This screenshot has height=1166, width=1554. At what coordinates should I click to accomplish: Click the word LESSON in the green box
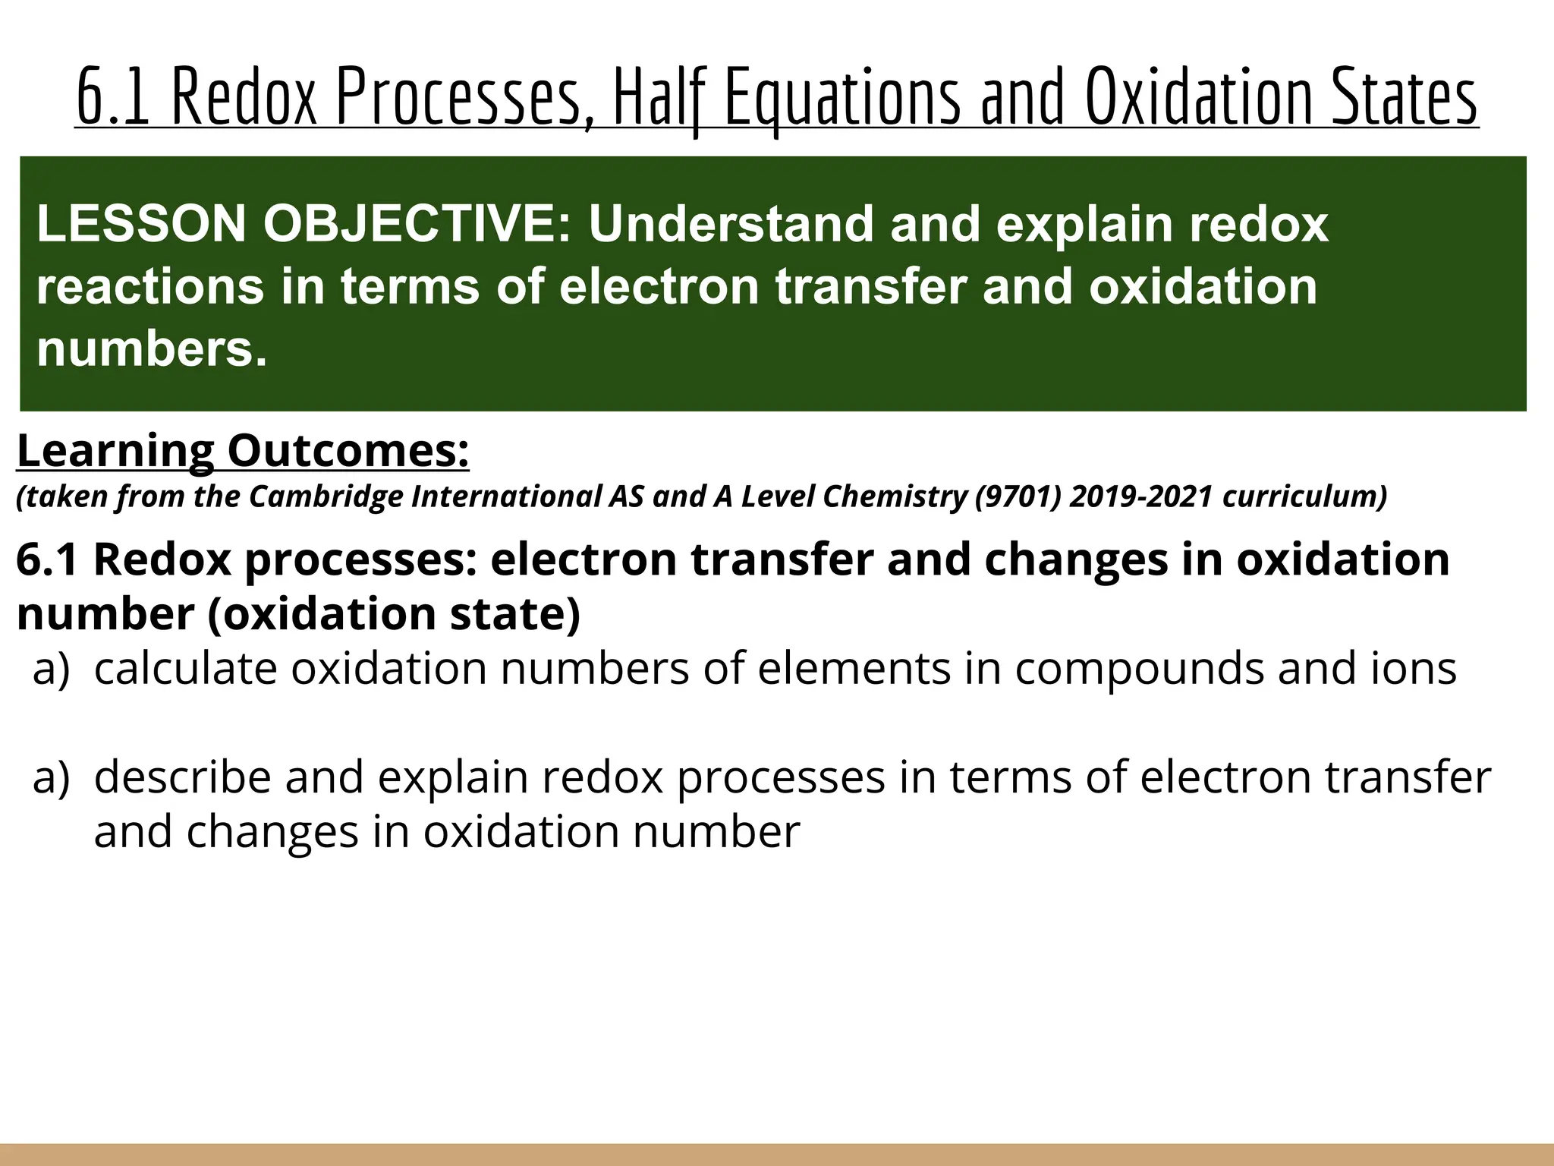pyautogui.click(x=141, y=224)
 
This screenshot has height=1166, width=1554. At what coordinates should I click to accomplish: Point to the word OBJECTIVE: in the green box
pyautogui.click(x=417, y=224)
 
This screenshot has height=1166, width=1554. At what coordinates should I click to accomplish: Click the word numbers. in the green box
pyautogui.click(x=152, y=349)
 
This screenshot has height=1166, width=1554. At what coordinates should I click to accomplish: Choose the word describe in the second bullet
pyautogui.click(x=182, y=777)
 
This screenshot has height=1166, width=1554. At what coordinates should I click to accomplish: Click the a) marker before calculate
pyautogui.click(x=51, y=668)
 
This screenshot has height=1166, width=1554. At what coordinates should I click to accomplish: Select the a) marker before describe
pyautogui.click(x=51, y=777)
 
